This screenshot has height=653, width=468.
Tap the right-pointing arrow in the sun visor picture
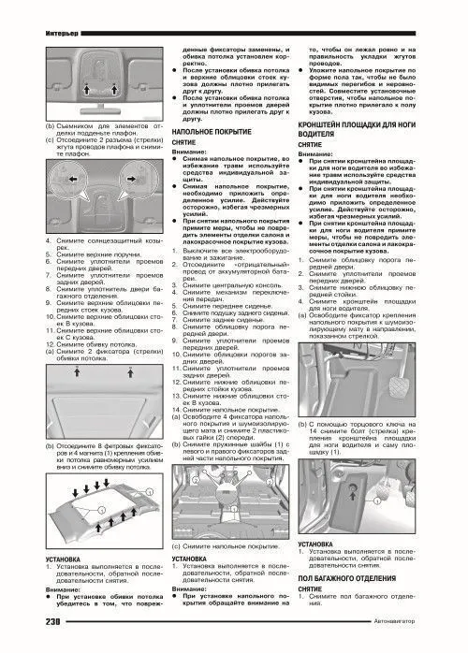pyautogui.click(x=128, y=200)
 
